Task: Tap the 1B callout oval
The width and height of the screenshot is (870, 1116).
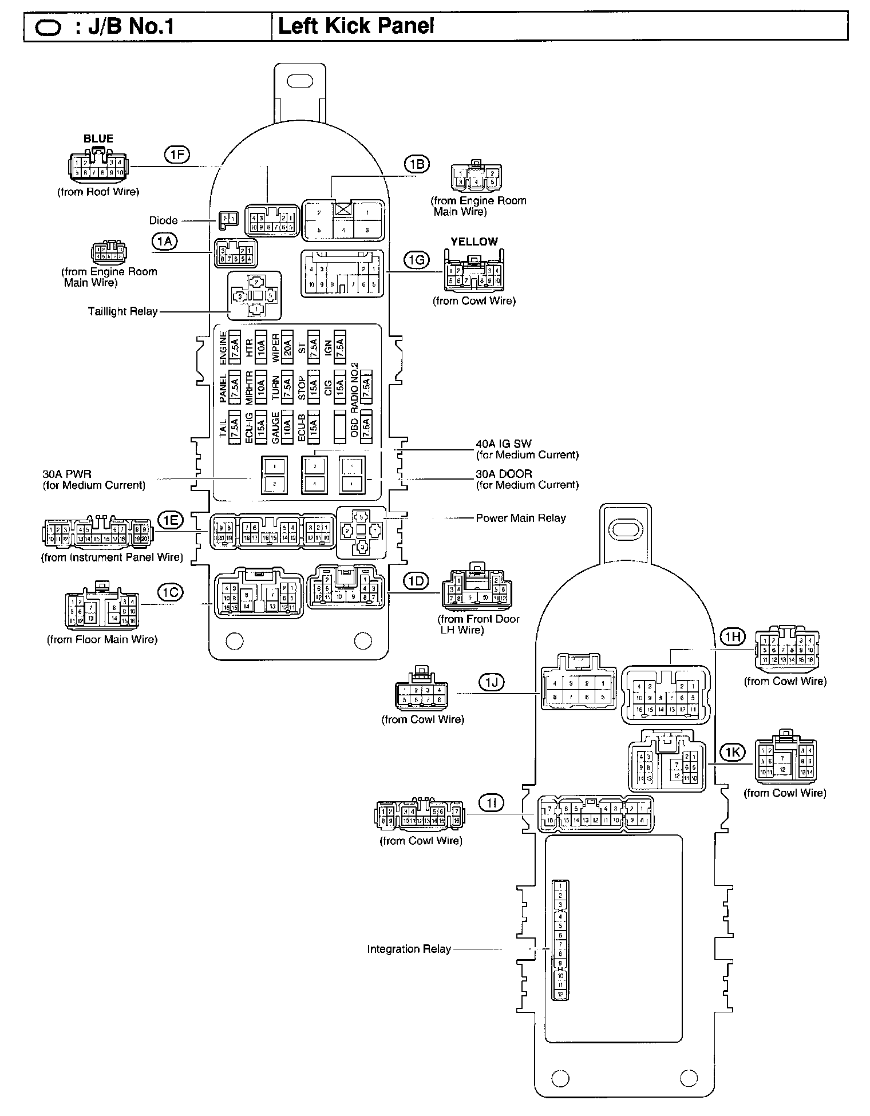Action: tap(416, 164)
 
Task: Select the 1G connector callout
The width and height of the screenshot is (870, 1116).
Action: tap(416, 260)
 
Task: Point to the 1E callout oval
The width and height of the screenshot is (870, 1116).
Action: tap(171, 520)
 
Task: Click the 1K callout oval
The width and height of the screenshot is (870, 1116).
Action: tap(733, 752)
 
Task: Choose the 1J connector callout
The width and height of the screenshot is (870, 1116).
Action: tap(491, 681)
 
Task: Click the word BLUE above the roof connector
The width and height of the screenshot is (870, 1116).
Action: tap(98, 138)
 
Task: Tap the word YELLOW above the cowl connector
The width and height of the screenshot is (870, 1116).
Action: tap(474, 242)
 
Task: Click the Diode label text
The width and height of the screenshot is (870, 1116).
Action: tap(163, 220)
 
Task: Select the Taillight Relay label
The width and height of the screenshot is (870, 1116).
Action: tap(122, 311)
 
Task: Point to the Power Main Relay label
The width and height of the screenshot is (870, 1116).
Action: tap(521, 518)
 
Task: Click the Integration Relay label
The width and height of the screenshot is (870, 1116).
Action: tap(409, 949)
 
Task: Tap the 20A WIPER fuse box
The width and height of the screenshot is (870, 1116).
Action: tap(288, 347)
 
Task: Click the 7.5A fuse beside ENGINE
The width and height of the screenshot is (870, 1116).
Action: tap(235, 347)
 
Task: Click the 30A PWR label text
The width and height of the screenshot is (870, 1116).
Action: tap(67, 474)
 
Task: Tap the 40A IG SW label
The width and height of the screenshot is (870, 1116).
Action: tap(504, 444)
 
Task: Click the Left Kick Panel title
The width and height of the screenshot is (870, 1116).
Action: tap(355, 26)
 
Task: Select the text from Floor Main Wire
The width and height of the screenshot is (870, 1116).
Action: tap(102, 639)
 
